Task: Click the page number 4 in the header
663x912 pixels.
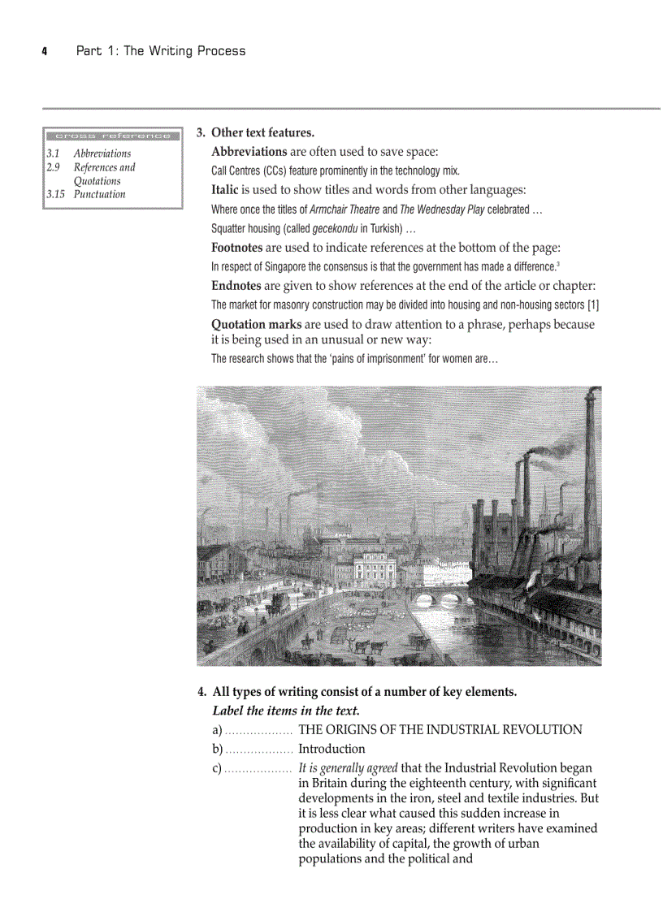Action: (45, 51)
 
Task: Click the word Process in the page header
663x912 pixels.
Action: (219, 51)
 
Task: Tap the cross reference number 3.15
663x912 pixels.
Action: (56, 195)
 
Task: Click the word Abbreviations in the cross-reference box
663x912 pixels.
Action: (102, 153)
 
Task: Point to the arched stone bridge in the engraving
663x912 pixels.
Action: (437, 599)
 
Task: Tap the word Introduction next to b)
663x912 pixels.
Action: (331, 749)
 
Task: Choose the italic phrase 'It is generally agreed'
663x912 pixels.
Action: (348, 768)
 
